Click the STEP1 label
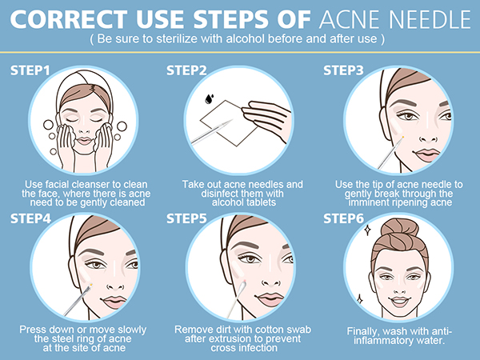30,70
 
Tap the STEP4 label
30,218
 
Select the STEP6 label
343,218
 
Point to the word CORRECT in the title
69,19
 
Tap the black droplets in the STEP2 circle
209,98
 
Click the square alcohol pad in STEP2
229,123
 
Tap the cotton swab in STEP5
236,299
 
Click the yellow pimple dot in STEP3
403,137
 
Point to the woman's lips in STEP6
400,302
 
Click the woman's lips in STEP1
84,141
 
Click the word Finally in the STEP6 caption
363,331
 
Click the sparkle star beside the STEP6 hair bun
368,230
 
